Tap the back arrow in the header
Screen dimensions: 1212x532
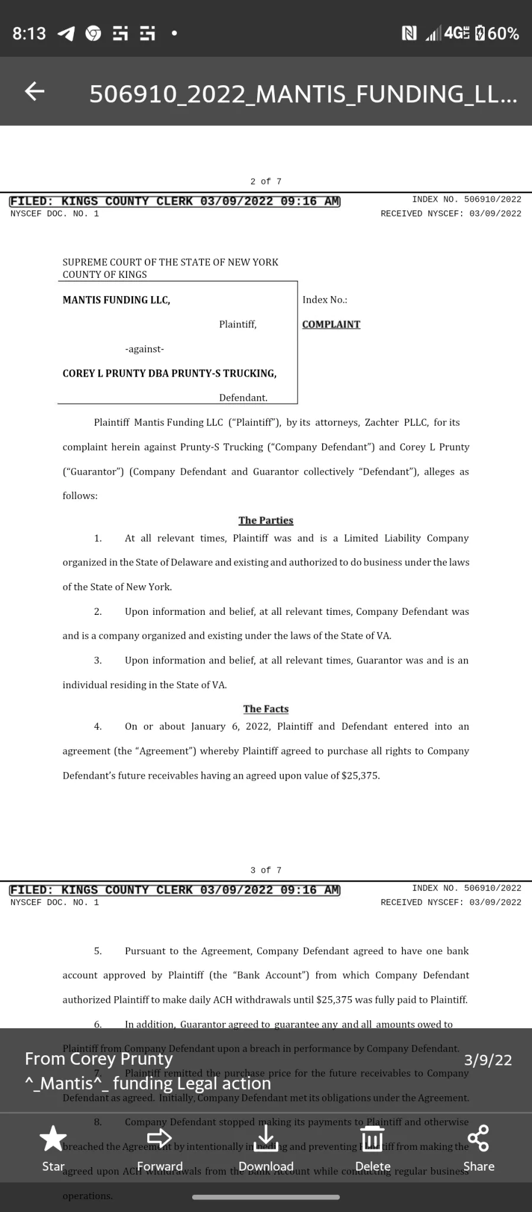point(34,91)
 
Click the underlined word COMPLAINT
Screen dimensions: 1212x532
point(331,325)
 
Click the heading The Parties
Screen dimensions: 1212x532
point(266,520)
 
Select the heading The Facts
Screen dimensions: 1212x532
point(266,709)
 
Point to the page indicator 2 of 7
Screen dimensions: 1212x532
point(266,182)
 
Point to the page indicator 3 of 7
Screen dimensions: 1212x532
point(266,870)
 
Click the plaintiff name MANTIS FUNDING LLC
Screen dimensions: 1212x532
point(116,300)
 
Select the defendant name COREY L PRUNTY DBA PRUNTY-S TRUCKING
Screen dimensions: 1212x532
point(170,374)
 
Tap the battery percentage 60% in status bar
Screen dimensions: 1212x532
point(504,34)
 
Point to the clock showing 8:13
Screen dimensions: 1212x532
point(29,34)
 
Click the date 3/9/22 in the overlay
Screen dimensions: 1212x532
point(488,1060)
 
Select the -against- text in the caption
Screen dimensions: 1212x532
point(144,349)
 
